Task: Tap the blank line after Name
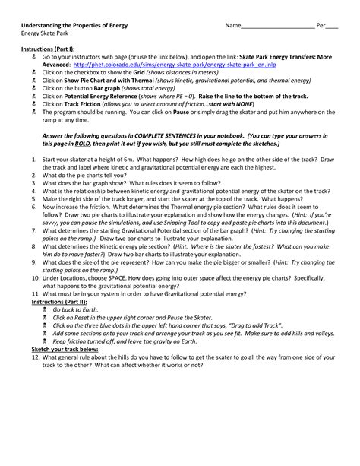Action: tap(282, 26)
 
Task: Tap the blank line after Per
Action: tap(332, 26)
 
